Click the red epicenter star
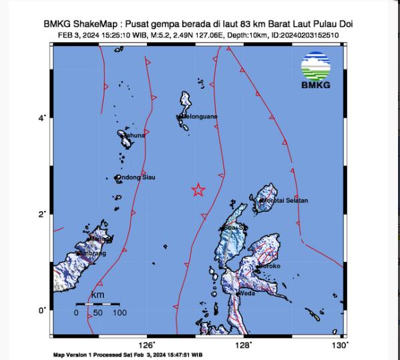pyautogui.click(x=198, y=190)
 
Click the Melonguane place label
pyautogui.click(x=198, y=117)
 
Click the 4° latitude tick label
pyautogui.click(x=41, y=118)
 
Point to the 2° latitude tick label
pyautogui.click(x=41, y=214)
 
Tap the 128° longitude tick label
pyautogui.click(x=243, y=345)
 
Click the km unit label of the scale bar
pyautogui.click(x=97, y=295)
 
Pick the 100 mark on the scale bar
pyautogui.click(x=120, y=312)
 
